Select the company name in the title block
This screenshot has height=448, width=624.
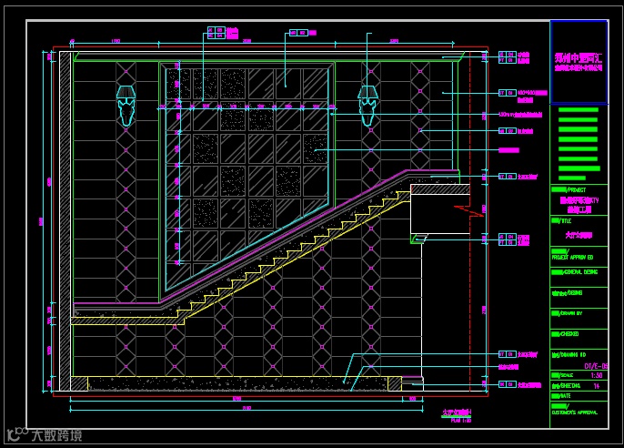pos(579,62)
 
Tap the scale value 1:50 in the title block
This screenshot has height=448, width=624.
pos(597,375)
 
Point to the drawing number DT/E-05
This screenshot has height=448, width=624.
pos(596,365)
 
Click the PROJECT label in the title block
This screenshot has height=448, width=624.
pos(569,189)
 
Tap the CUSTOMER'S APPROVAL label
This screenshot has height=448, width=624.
pos(575,412)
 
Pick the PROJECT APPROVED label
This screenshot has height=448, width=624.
pos(573,258)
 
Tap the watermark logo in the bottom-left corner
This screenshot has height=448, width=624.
pos(42,434)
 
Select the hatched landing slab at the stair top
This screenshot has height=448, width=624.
pos(439,189)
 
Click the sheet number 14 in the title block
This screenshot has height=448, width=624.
pos(597,386)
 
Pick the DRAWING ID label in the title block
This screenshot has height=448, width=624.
pos(570,355)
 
